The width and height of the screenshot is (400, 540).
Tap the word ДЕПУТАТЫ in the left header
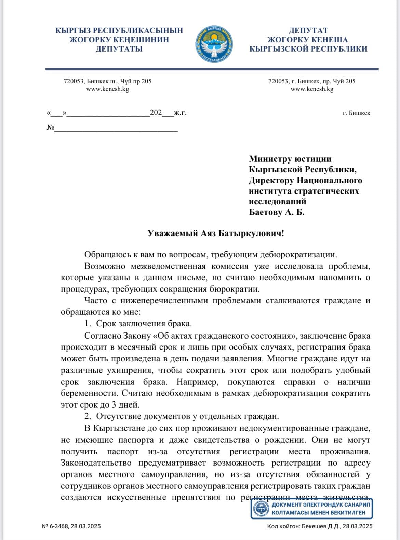point(119,49)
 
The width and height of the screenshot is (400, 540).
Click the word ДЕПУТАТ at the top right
point(308,31)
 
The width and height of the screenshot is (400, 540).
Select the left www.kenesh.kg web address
point(107,89)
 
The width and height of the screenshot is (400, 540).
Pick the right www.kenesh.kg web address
point(312,89)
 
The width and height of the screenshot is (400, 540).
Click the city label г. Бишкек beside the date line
point(356,113)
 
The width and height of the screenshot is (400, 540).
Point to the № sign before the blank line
point(51,128)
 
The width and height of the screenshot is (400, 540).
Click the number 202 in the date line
point(156,113)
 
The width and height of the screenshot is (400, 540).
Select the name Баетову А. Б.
point(277,212)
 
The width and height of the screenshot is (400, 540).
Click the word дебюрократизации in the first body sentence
point(298,255)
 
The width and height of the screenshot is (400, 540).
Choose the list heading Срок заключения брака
point(144,324)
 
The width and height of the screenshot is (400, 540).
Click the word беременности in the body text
point(90,393)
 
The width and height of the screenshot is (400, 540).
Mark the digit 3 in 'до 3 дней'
point(114,405)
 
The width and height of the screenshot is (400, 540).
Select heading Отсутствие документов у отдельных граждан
point(187,416)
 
